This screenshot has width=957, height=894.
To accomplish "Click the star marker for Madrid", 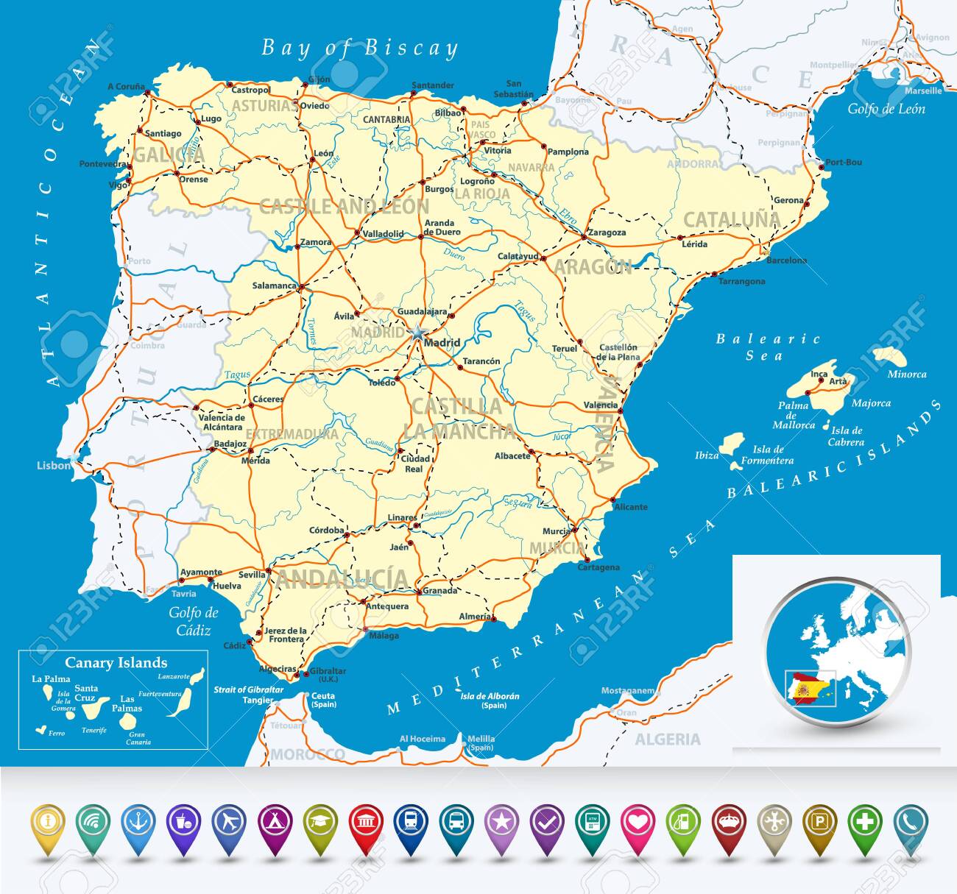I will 417,333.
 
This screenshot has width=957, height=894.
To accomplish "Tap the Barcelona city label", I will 786,260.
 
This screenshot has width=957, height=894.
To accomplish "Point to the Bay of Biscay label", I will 359,49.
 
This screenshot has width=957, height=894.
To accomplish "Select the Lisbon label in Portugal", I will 54,466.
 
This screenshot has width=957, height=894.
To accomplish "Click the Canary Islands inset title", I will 116,663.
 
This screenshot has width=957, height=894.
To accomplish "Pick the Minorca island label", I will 906,375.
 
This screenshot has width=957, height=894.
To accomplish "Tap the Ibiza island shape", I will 731,443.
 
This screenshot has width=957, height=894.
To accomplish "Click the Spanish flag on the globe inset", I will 808,689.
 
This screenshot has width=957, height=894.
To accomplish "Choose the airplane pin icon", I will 229,820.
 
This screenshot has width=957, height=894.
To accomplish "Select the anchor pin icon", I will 138,820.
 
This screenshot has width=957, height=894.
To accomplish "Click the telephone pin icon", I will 911,820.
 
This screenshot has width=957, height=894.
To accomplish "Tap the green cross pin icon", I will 865,820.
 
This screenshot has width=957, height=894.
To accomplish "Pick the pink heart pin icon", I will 638,820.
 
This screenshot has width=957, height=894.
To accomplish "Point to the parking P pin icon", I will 819,820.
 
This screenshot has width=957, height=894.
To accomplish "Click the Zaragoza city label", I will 607,233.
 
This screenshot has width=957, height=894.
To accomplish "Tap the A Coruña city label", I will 126,87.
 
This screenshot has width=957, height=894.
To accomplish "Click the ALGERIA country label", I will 667,739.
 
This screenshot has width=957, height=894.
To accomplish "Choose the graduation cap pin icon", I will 320,820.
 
